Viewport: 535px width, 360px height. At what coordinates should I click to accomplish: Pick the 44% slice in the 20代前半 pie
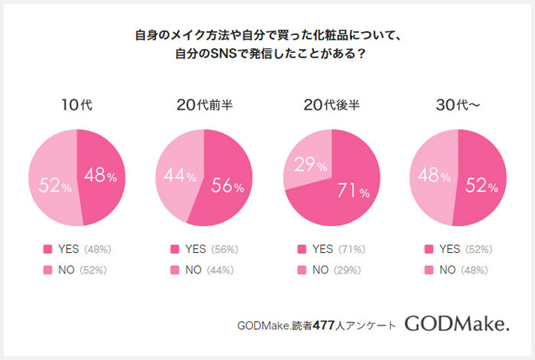(x=178, y=175)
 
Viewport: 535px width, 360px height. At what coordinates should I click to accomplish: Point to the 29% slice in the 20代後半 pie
(x=306, y=165)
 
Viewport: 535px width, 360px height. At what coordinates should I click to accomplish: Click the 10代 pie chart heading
(x=77, y=106)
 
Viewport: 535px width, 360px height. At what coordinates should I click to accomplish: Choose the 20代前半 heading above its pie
(x=204, y=106)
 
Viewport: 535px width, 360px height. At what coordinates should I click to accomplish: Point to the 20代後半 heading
(x=331, y=106)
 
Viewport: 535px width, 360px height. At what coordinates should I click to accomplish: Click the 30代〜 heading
(x=458, y=106)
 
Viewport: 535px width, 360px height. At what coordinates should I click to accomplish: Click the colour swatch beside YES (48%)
(x=47, y=249)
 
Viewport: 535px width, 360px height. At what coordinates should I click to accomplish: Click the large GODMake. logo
(x=456, y=323)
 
